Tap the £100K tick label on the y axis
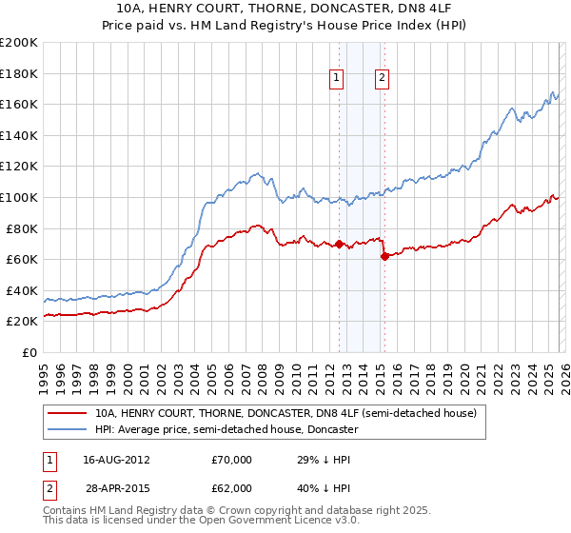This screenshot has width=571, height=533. pos(19,197)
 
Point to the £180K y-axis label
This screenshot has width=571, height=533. pos(19,73)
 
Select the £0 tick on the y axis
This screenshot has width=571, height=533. pos(28,352)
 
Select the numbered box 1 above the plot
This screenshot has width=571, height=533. pos(338,79)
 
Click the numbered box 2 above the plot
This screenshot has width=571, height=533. pos(383,79)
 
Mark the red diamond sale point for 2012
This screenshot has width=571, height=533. pos(339,244)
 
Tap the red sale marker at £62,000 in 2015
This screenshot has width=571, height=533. pos(384,256)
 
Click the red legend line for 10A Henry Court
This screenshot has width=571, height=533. pos(69,414)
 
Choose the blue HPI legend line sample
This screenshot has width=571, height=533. pos(69,430)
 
